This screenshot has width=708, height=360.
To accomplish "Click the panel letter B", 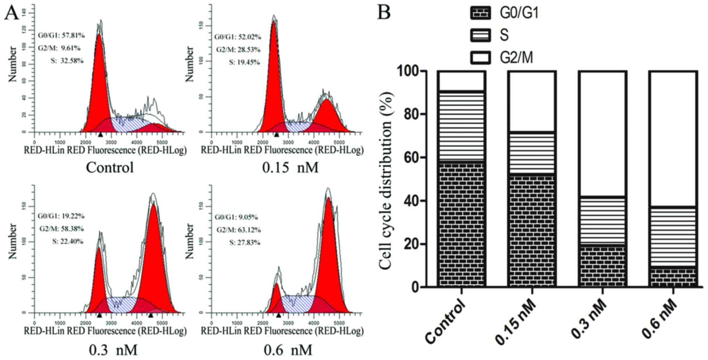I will (x=384, y=12).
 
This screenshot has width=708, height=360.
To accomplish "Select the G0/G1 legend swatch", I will (x=480, y=13).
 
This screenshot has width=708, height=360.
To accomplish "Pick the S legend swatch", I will (x=480, y=35).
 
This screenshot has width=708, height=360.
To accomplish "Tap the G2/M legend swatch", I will (x=480, y=58).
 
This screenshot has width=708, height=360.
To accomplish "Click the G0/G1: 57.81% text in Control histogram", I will (x=61, y=36).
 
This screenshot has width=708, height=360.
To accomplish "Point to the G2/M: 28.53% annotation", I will (x=238, y=49).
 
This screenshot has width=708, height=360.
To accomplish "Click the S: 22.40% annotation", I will (x=68, y=241).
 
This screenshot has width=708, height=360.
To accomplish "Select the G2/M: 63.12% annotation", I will (x=238, y=230).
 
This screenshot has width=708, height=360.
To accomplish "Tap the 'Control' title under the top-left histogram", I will (x=110, y=168).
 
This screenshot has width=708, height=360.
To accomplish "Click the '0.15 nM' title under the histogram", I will (x=290, y=168).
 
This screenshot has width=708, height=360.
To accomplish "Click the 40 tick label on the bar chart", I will (x=418, y=201).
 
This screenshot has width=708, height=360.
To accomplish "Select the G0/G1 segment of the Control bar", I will (x=462, y=223).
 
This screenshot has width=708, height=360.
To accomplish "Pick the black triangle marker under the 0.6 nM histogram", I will (x=278, y=315).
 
